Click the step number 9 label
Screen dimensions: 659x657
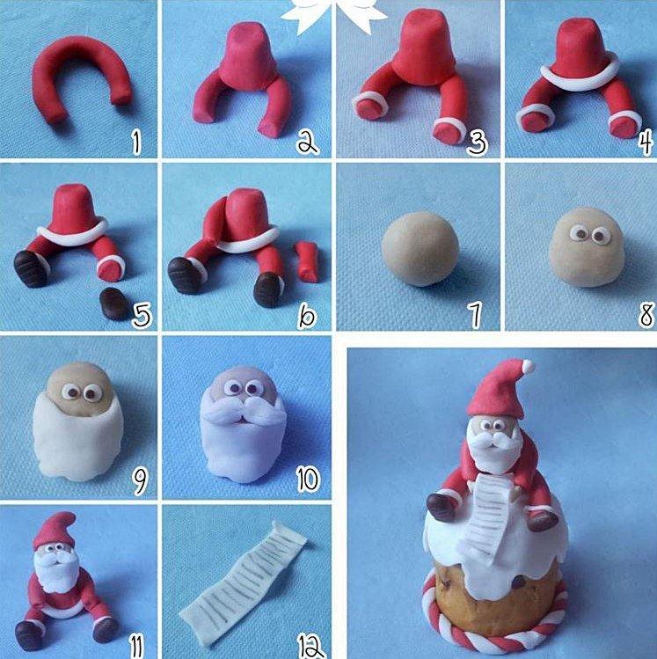138,480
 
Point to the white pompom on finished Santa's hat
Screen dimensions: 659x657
526,366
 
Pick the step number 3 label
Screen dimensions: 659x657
476,141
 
